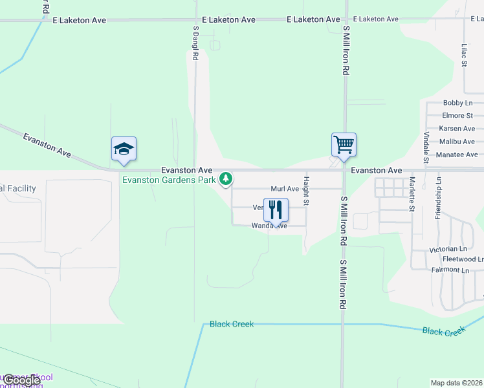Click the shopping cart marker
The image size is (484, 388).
(344, 144)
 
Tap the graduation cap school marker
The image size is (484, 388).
(124, 149)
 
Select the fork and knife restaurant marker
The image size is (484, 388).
(276, 210)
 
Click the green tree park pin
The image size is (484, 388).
(225, 178)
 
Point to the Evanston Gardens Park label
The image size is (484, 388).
(169, 180)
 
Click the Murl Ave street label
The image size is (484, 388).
(285, 189)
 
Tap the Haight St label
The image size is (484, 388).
(307, 191)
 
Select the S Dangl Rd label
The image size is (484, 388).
(195, 43)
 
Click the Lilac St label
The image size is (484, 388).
(464, 56)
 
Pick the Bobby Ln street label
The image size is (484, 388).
(457, 103)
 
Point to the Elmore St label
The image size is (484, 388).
(457, 116)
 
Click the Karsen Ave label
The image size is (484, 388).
(457, 129)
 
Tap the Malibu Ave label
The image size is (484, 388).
(457, 142)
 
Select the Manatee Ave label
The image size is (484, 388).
(457, 155)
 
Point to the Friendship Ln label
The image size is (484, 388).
(439, 197)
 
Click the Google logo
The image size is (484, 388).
(22, 381)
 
